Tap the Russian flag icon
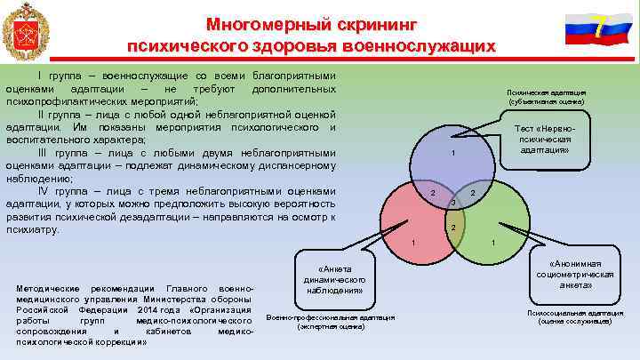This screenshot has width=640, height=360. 591,29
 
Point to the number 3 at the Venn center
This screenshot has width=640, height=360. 452,204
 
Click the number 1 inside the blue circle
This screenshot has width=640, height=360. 453,156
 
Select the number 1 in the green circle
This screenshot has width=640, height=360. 493,244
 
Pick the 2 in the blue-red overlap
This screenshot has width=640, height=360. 432,194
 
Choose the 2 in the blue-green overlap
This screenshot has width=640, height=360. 473,194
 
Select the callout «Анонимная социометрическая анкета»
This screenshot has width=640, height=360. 576,275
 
